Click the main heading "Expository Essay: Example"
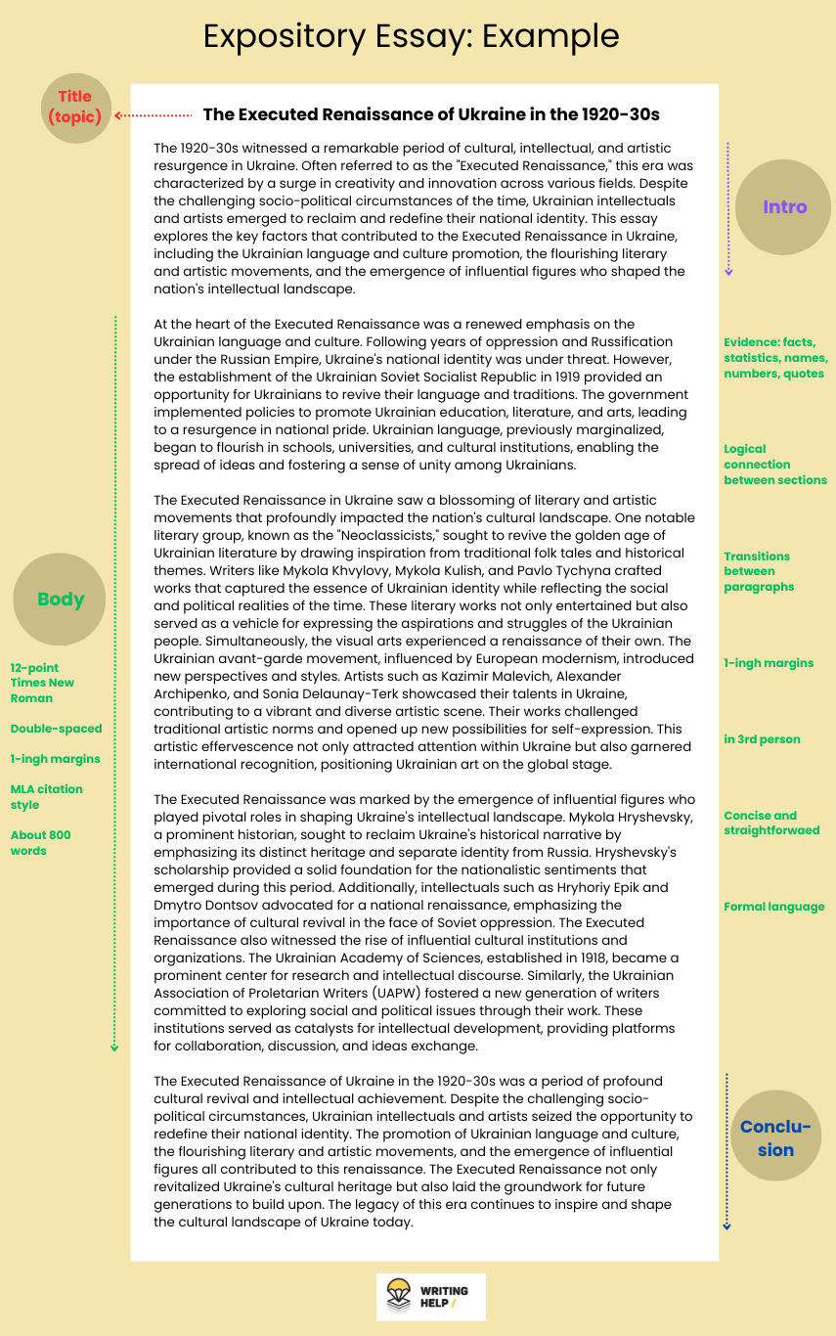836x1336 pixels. click(411, 36)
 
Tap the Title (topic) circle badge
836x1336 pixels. click(75, 108)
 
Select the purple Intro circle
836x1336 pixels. click(784, 206)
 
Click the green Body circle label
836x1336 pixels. click(61, 600)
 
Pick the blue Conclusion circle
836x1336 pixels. click(775, 1137)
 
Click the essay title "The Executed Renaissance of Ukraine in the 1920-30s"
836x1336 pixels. click(431, 114)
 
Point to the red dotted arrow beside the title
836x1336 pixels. click(154, 114)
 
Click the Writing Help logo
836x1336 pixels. click(430, 1297)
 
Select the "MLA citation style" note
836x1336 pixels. click(47, 797)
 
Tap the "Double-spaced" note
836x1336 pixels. click(56, 729)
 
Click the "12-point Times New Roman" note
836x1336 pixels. click(43, 683)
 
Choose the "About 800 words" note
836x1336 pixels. click(41, 843)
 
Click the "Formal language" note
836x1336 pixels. click(773, 907)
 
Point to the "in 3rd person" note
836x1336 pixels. click(762, 739)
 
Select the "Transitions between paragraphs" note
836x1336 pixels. click(758, 571)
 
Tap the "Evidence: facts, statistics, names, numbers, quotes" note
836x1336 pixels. click(773, 358)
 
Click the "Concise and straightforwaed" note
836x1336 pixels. click(771, 823)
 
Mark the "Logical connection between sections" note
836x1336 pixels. click(774, 465)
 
